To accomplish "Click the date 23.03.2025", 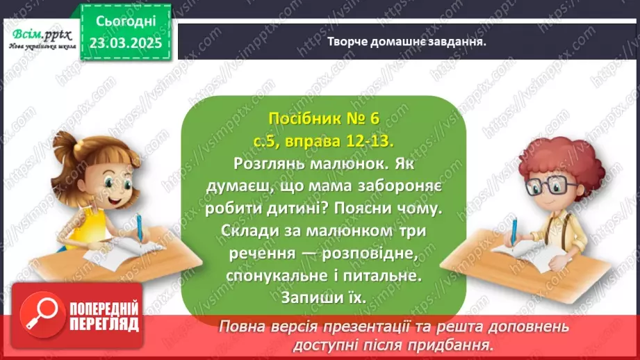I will tap(126, 43).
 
